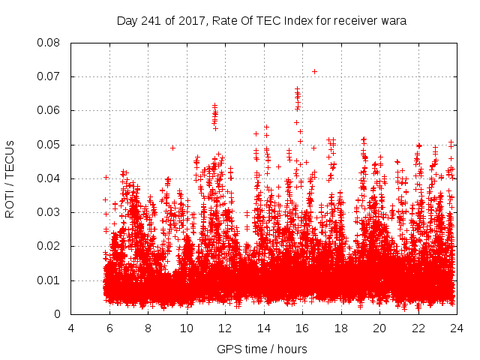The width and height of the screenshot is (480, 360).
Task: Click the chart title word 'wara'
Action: pyautogui.click(x=393, y=21)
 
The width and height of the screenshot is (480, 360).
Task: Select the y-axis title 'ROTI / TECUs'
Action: pyautogui.click(x=10, y=178)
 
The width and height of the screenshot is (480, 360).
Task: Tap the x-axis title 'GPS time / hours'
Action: pyautogui.click(x=262, y=349)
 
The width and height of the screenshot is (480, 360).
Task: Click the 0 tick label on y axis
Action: pyautogui.click(x=58, y=314)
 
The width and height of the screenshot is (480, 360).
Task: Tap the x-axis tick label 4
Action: pyautogui.click(x=71, y=328)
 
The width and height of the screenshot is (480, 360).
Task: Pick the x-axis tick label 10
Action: pyautogui.click(x=187, y=328)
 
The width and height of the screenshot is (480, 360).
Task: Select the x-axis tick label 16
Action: pyautogui.click(x=302, y=328)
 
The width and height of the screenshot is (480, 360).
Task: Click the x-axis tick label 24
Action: pyautogui.click(x=457, y=328)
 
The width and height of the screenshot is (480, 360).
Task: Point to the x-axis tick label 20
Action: pyautogui.click(x=379, y=328)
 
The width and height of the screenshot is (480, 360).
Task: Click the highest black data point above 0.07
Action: pyautogui.click(x=314, y=71)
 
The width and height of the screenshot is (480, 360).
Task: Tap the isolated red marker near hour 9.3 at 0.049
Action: pyautogui.click(x=173, y=148)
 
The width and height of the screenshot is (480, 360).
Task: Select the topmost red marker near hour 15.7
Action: pyautogui.click(x=297, y=89)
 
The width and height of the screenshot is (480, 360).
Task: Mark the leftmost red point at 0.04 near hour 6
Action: pyautogui.click(x=106, y=178)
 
